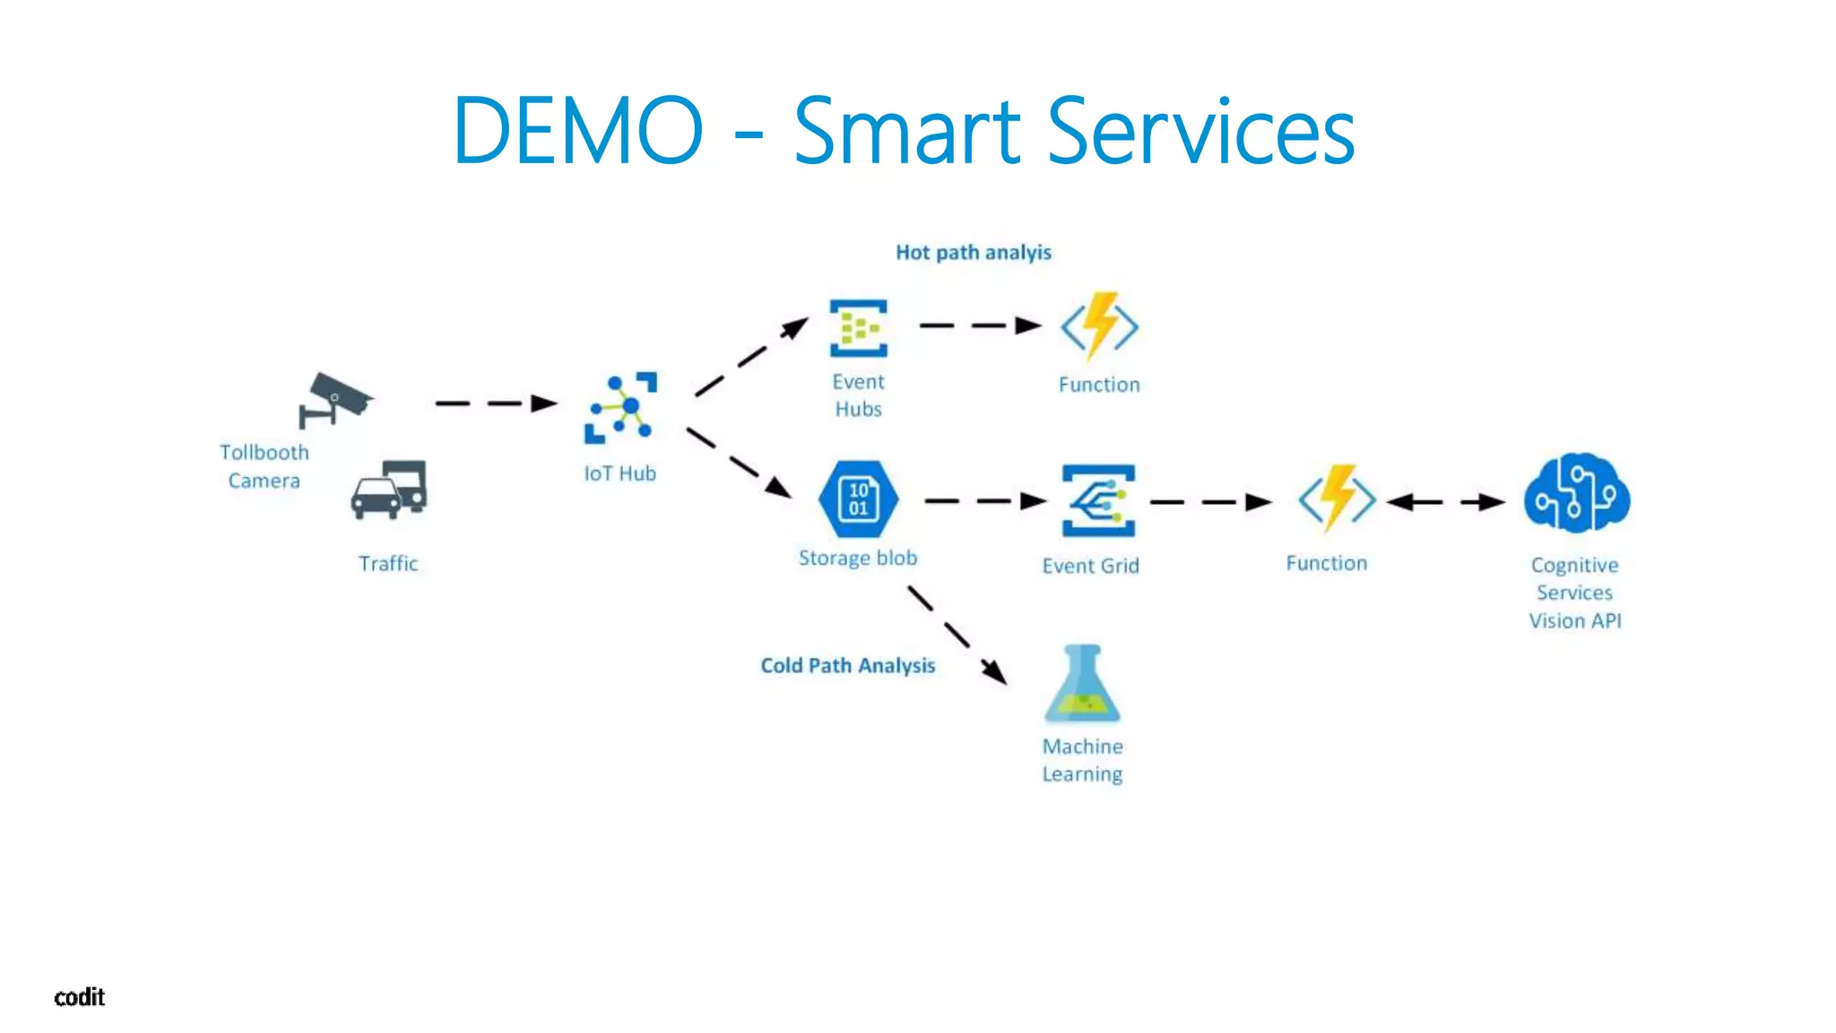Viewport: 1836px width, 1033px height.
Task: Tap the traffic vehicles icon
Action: click(x=389, y=490)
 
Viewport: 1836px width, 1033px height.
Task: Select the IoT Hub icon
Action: click(x=620, y=408)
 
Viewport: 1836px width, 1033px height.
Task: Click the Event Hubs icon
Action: click(x=858, y=328)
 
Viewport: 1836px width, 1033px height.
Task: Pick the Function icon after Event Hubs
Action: click(x=1099, y=326)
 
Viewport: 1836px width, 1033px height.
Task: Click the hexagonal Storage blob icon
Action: click(x=858, y=499)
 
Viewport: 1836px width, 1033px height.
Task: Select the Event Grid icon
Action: click(x=1097, y=500)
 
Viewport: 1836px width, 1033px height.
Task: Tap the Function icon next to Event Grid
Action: click(x=1337, y=499)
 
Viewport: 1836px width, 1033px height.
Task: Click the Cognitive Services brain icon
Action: click(x=1577, y=492)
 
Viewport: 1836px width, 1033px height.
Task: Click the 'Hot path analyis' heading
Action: click(x=973, y=253)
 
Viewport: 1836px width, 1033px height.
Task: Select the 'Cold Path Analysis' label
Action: click(x=847, y=665)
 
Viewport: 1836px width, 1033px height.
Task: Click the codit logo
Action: click(x=79, y=997)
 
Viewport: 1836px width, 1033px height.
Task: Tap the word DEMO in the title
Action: click(x=577, y=131)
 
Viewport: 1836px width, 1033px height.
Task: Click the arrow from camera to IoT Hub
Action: click(x=496, y=404)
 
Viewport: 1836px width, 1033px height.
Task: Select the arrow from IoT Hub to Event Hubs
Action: click(x=751, y=357)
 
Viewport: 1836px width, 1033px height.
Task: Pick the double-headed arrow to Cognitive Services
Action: click(x=1445, y=502)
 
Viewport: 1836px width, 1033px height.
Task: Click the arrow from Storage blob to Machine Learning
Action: click(x=957, y=635)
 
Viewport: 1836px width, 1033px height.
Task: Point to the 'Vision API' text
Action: click(x=1575, y=621)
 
